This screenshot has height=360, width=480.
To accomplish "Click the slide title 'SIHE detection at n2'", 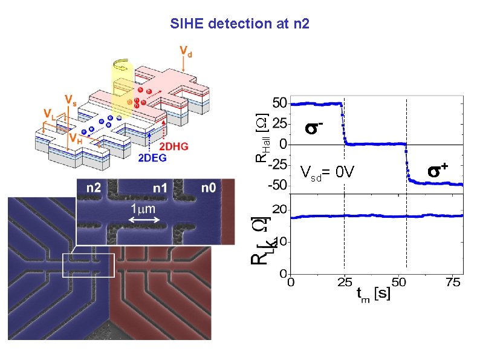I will pos(240,24).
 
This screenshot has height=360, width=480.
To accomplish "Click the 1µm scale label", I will pos(145,209).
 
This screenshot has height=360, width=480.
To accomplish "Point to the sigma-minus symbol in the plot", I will pos(313,128).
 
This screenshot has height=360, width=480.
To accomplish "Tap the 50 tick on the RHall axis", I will pos(279,103).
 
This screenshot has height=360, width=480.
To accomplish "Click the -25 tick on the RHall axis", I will pos(277,165).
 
